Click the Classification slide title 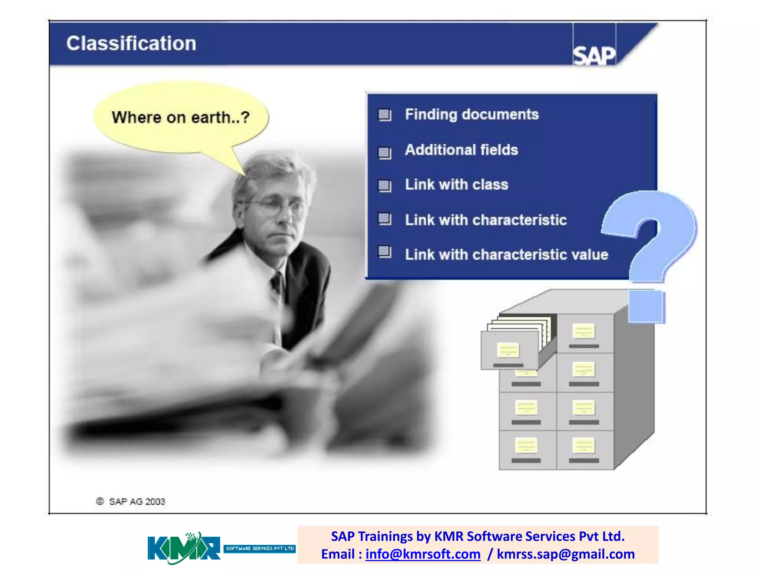131,43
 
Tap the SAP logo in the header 594,56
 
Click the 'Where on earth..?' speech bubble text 180,117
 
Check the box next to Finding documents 384,115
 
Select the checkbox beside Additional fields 384,152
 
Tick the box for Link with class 384,185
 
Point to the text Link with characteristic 485,220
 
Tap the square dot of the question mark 646,306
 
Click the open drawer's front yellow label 508,350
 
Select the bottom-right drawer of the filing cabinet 584,450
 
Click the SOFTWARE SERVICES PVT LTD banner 259,548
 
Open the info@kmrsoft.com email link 423,554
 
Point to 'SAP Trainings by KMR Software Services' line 478,536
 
